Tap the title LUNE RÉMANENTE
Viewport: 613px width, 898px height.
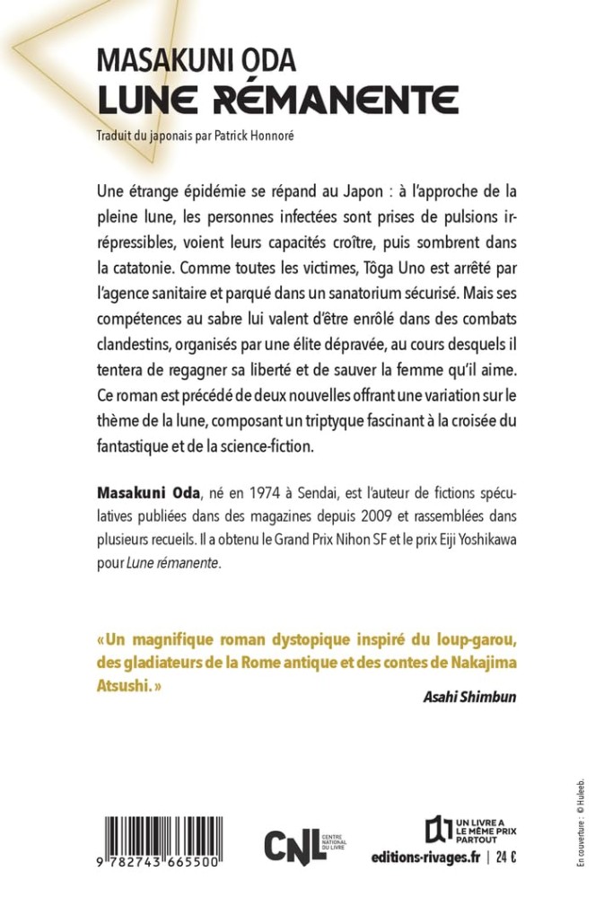pyautogui.click(x=277, y=98)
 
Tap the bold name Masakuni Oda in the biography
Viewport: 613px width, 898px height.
pyautogui.click(x=147, y=493)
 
